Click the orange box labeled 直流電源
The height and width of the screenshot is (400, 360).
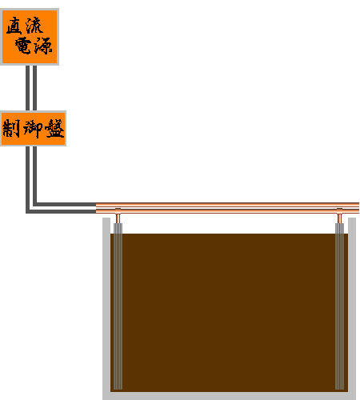(30, 37)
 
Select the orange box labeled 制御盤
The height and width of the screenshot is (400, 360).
(33, 128)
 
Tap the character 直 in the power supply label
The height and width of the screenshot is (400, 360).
(14, 26)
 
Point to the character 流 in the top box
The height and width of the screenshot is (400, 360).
(34, 25)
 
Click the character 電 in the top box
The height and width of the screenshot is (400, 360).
(23, 46)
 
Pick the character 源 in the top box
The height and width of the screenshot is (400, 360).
(43, 46)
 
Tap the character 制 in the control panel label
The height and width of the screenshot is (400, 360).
(11, 128)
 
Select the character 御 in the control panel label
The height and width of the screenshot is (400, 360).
(33, 129)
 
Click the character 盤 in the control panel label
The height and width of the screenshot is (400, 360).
(54, 128)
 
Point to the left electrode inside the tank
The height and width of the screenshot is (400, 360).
(118, 306)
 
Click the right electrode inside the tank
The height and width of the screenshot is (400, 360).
(339, 306)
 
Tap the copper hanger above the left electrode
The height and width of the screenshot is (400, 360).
(118, 216)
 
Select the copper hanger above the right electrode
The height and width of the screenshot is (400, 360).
(339, 216)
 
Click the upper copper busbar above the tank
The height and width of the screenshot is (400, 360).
(227, 205)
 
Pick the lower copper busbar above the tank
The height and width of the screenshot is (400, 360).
(227, 211)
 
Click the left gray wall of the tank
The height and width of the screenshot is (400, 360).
(106, 309)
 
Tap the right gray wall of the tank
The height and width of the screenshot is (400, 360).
(352, 309)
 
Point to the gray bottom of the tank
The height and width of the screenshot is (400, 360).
(229, 396)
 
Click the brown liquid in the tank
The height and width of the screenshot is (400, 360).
(229, 313)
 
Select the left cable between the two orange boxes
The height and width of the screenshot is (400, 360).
(27, 88)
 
